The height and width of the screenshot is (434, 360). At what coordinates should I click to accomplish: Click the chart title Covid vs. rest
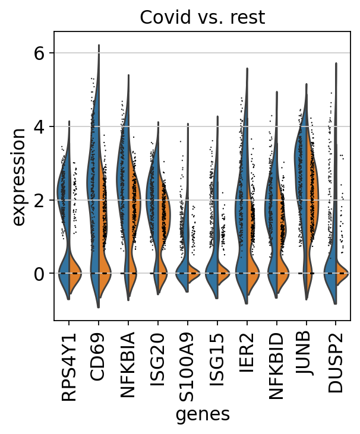pos(202,18)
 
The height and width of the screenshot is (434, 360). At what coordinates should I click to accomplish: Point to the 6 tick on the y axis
pos(39,53)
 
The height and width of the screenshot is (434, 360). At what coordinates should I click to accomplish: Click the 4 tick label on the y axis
pos(39,127)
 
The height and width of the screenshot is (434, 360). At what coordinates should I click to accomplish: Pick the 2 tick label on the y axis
pos(39,201)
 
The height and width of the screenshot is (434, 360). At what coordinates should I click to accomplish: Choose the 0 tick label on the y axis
pos(39,274)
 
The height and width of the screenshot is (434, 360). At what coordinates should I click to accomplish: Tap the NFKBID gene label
pos(276,358)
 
